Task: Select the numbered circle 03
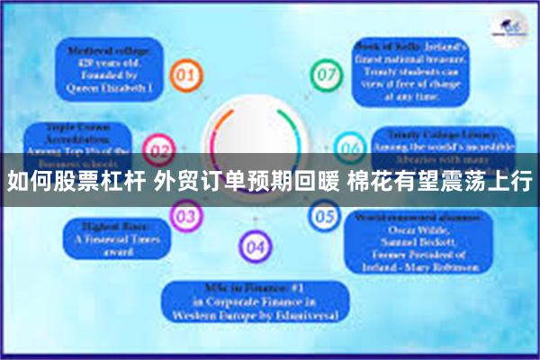coord(186,216)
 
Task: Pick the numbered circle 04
coord(256,245)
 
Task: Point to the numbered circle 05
coord(325,216)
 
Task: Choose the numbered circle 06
coord(350,146)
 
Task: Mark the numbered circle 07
coord(324,74)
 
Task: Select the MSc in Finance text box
coord(256,302)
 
